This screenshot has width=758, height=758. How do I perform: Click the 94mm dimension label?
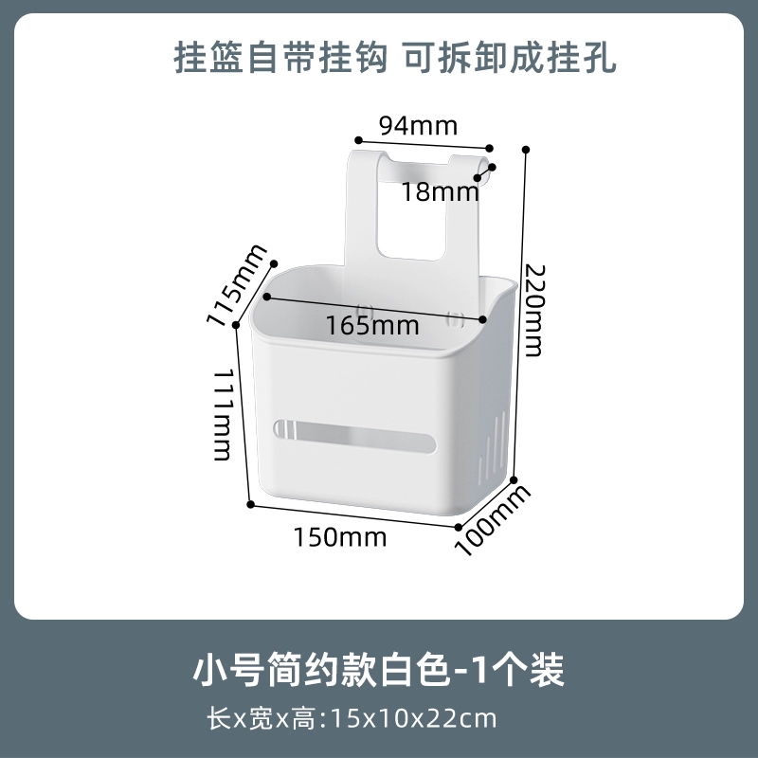418,126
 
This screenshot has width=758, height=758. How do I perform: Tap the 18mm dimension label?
441,192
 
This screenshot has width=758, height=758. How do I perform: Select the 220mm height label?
534,310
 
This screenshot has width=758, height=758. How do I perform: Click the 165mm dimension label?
372,325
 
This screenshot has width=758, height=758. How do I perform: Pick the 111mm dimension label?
223,415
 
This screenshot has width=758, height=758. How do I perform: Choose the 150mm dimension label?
340,537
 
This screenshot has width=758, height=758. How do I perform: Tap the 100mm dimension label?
492,520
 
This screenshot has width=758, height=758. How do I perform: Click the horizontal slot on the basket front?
354,436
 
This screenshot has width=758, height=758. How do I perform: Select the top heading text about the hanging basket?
395,58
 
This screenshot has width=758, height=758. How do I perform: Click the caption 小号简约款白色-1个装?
378,670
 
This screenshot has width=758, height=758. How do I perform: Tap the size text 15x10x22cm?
414,718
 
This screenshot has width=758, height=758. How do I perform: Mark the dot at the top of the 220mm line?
526,150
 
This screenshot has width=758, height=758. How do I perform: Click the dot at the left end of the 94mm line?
358,140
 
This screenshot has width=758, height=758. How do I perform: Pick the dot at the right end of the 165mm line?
482,319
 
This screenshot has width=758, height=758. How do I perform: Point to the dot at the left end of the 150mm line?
250,504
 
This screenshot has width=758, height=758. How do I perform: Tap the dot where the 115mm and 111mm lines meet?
236,325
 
